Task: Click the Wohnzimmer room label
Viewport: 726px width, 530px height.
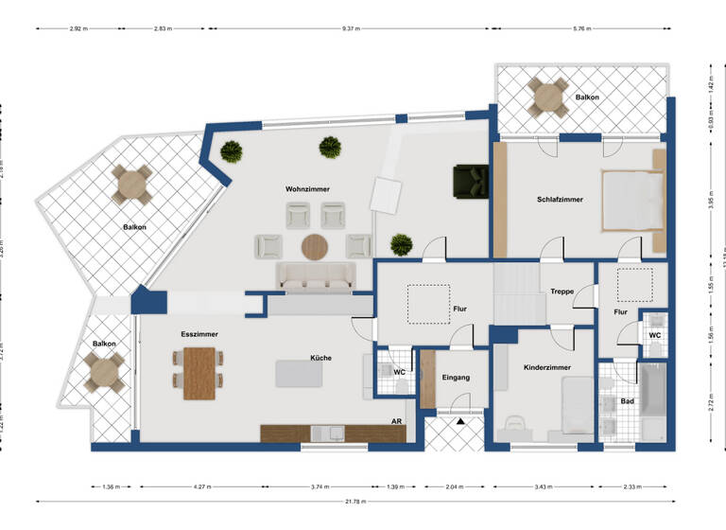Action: point(310,189)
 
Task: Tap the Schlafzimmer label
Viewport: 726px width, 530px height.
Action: point(560,200)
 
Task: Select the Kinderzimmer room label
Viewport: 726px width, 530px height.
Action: point(548,365)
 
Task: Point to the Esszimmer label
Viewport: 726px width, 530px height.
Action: point(199,335)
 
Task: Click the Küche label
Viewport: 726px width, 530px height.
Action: point(320,358)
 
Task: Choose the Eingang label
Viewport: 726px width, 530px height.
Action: point(456,378)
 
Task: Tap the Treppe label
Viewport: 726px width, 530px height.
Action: point(562,291)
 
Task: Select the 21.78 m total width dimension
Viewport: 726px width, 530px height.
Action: point(355,501)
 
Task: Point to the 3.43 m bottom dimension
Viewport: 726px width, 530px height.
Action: point(542,486)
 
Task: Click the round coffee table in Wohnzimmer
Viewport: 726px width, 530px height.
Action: point(315,247)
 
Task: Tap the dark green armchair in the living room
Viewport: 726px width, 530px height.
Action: point(470,179)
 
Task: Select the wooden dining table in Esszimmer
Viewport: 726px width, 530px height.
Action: point(199,373)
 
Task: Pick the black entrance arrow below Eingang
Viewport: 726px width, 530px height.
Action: point(458,424)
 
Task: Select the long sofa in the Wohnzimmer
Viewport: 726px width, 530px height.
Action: point(315,276)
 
